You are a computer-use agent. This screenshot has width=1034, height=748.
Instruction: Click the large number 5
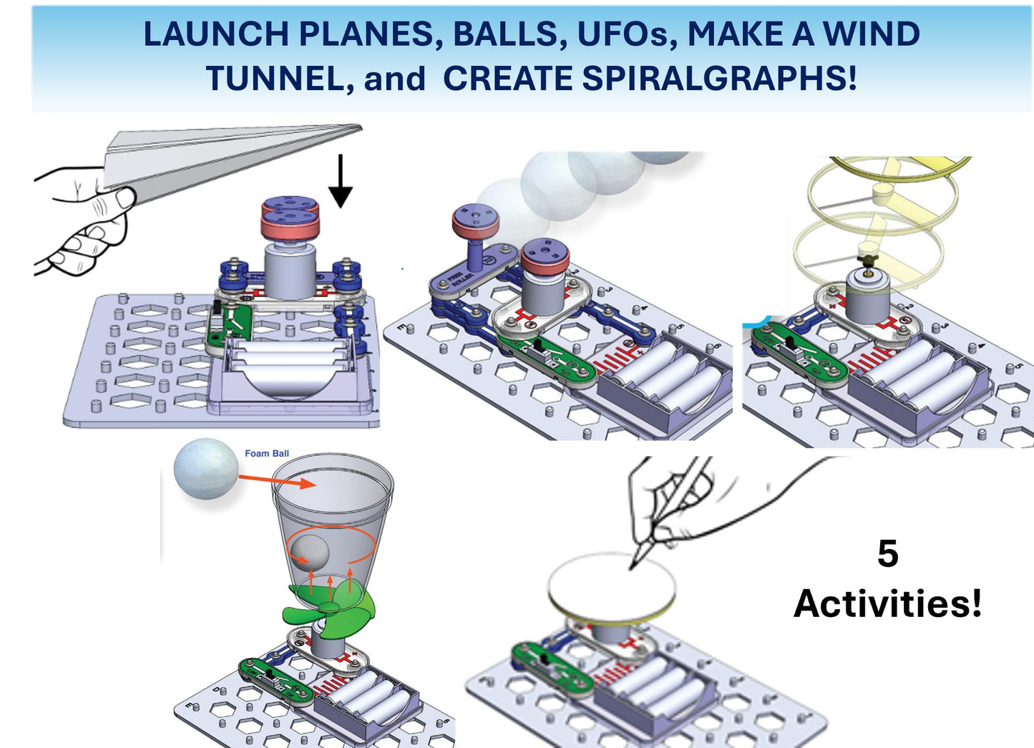(x=887, y=554)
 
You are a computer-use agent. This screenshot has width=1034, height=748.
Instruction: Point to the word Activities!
(x=887, y=603)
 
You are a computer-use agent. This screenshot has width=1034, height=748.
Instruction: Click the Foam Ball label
(x=267, y=453)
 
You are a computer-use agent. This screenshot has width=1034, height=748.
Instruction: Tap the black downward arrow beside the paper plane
(x=341, y=183)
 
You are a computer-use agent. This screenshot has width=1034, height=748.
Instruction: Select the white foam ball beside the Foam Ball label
(x=206, y=469)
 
